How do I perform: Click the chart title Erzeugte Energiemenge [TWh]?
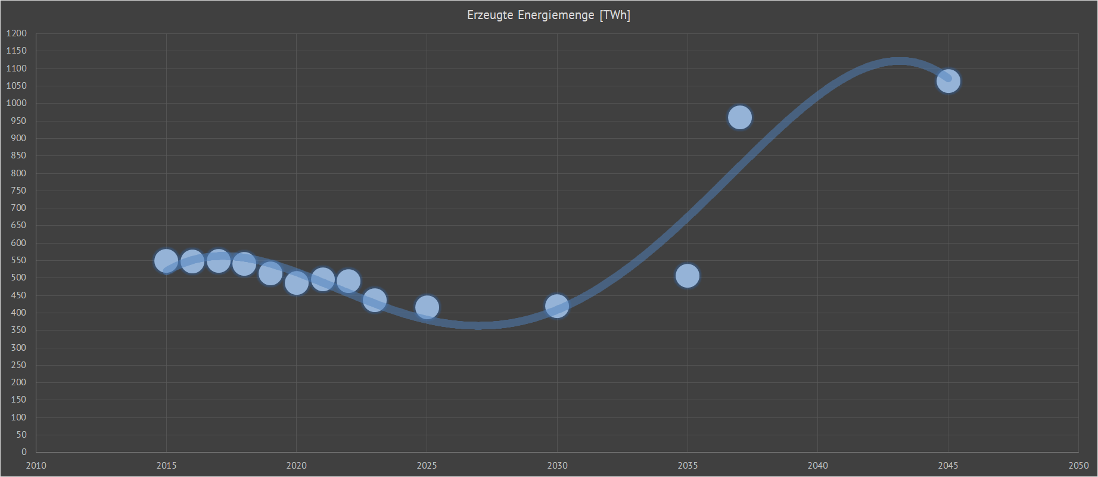548,15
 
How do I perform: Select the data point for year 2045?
948,81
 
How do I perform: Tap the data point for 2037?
739,117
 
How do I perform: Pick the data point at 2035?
688,276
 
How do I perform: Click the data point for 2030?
557,306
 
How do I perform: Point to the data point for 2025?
427,307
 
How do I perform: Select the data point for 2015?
166,261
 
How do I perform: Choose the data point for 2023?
374,300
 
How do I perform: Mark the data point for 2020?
297,282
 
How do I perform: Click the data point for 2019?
270,273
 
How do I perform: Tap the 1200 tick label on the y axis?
17,34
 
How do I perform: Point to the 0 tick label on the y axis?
24,453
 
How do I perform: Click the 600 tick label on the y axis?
18,243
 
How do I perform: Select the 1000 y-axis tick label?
17,104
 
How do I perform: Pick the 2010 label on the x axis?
36,466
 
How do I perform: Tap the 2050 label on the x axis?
1078,466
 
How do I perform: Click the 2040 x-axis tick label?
817,466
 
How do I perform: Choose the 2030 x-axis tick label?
557,466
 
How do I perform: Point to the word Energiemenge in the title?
556,15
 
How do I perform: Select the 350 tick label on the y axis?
18,331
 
